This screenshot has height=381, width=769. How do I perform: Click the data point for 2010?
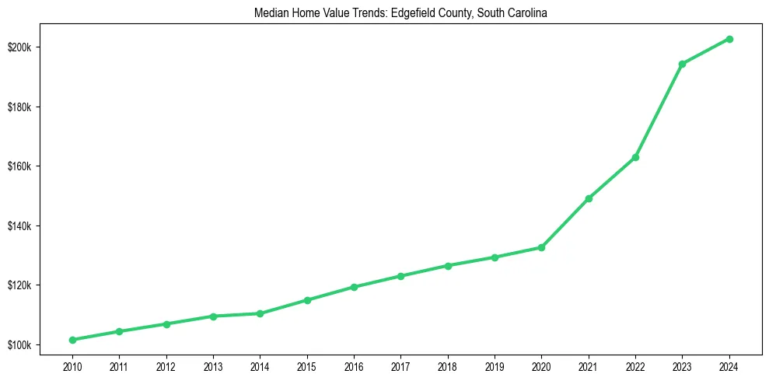72,340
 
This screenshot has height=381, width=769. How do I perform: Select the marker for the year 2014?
260,313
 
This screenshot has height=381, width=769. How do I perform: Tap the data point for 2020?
541,247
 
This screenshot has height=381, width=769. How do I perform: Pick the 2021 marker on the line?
589,198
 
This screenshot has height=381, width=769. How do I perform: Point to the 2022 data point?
635,157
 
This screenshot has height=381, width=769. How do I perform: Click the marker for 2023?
682,64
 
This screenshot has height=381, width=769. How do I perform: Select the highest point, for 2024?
729,39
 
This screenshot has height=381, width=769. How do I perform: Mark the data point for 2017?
400,276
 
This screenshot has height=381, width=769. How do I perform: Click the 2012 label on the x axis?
166,365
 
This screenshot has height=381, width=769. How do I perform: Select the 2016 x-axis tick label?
354,365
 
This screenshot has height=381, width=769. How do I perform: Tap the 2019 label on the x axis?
495,365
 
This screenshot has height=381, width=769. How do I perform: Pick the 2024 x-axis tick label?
729,365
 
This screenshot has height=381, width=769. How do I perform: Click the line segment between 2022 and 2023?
659,110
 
